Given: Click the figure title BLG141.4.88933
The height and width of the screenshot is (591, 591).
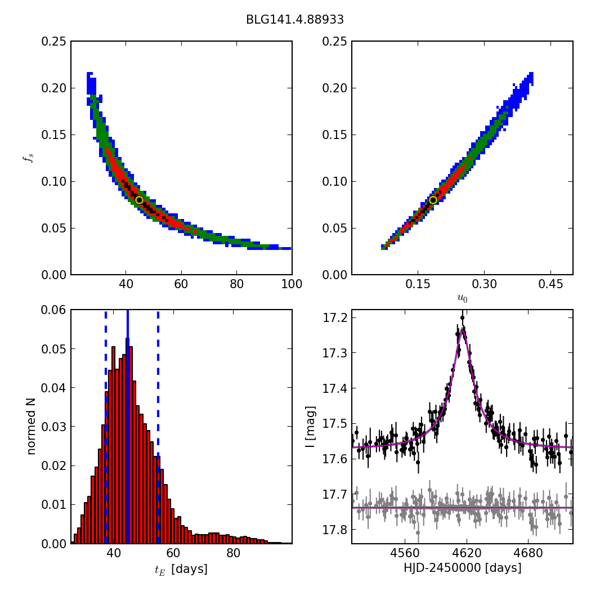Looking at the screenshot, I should coord(294,20).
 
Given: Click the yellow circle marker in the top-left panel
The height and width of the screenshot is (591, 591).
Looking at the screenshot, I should coord(139,200).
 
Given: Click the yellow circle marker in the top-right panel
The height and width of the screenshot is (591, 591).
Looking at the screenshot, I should coord(433,200).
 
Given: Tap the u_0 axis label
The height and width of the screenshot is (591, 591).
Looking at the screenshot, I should coord(462,298).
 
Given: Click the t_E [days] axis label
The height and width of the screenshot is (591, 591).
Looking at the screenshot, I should coord(181,569).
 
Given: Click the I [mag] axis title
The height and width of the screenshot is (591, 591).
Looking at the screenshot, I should coord(310,427).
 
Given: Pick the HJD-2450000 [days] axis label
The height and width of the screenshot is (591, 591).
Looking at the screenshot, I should coord(462,568).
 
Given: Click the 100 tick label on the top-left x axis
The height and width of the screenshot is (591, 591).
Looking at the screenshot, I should coord(292,284).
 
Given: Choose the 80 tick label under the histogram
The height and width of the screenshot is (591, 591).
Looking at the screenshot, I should coord(233,553).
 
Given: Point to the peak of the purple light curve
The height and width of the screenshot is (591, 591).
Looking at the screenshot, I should coord(462,331).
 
